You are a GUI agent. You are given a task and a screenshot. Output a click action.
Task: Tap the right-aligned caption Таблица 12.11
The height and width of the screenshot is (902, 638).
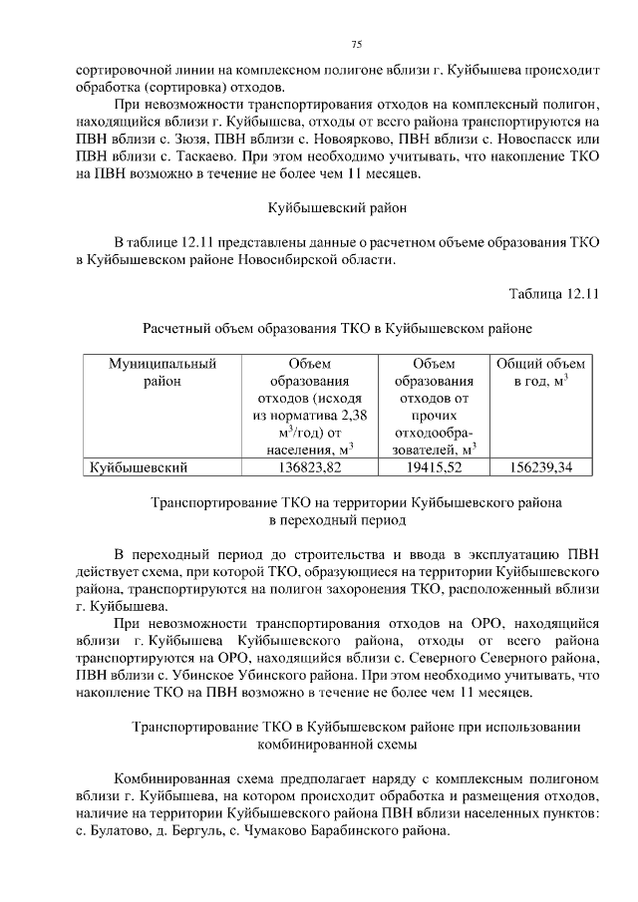[x=552, y=294]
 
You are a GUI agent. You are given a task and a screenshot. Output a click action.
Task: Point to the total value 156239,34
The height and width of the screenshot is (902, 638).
[x=541, y=465]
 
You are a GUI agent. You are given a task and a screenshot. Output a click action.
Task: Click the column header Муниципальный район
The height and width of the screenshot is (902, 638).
[x=161, y=373]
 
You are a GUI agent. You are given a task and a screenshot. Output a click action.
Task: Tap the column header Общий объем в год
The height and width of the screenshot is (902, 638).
[x=541, y=373]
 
